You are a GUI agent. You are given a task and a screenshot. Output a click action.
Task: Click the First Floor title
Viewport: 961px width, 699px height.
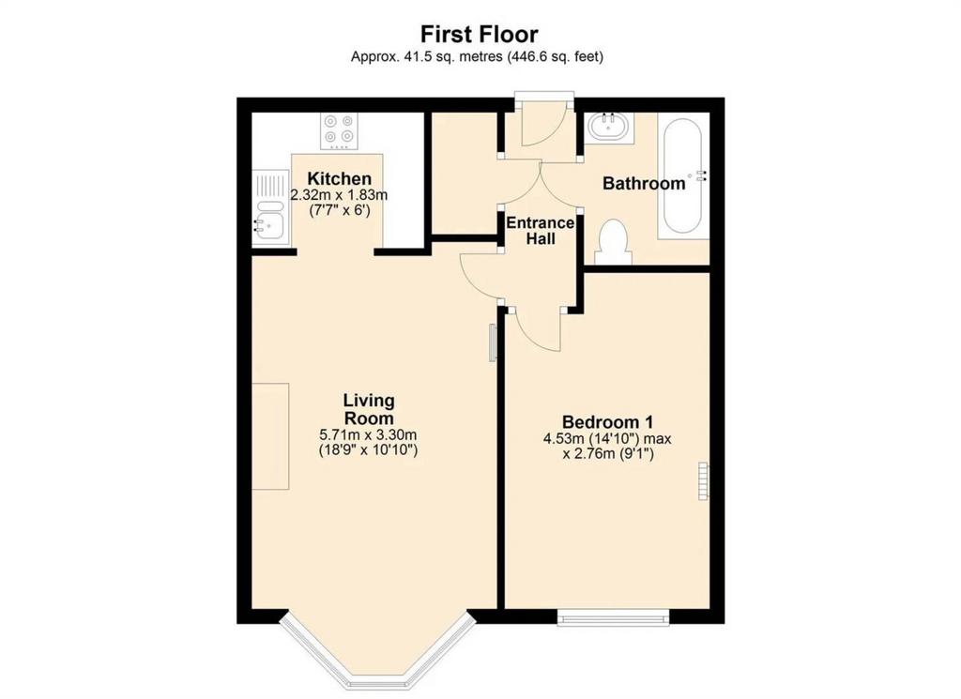tap(479, 34)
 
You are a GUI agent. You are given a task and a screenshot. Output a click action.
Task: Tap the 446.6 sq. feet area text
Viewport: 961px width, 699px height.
tap(556, 57)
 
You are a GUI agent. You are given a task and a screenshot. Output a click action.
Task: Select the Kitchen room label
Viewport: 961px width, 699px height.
tap(339, 179)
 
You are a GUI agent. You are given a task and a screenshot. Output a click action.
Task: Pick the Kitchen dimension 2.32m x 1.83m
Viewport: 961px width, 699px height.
tap(339, 195)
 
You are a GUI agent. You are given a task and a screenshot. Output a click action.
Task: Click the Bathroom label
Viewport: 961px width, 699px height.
tap(644, 183)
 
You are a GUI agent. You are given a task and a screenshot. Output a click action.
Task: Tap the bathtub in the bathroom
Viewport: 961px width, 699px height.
tap(682, 175)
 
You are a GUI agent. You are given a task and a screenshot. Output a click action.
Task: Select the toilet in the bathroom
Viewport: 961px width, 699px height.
tap(613, 242)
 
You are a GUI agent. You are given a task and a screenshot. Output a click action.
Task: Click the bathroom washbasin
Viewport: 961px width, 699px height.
tap(608, 127)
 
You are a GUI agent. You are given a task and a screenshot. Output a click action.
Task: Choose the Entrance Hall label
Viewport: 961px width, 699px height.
tap(540, 231)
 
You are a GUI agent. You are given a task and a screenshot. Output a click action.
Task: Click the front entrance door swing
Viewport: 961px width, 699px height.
tap(544, 129)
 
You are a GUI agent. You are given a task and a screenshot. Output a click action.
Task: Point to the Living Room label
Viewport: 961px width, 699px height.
tap(369, 409)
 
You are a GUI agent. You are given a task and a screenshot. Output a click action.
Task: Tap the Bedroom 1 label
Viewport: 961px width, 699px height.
tap(607, 422)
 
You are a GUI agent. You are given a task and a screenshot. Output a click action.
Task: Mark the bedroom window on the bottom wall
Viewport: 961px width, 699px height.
tap(613, 617)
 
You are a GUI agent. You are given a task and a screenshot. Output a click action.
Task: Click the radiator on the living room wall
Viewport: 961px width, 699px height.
tap(492, 342)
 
